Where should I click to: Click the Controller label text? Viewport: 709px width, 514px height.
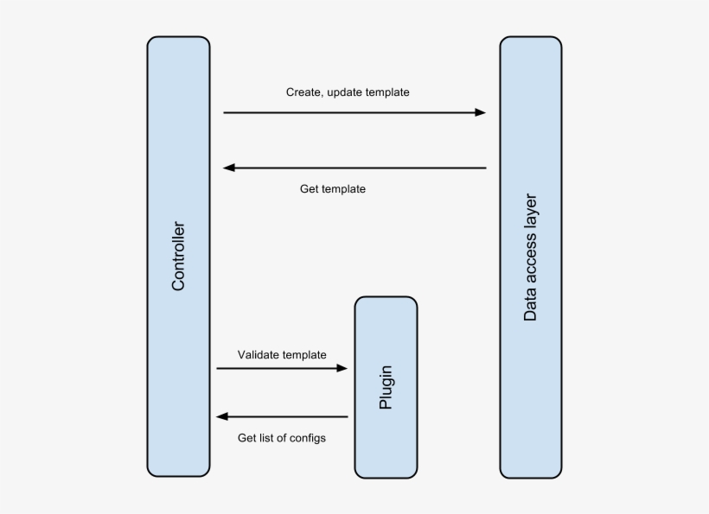click(x=178, y=257)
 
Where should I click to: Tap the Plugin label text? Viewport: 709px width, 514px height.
click(x=386, y=388)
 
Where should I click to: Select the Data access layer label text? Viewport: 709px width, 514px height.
click(x=531, y=257)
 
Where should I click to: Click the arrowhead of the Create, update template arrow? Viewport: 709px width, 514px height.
click(x=480, y=112)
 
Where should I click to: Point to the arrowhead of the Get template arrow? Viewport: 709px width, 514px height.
click(x=229, y=168)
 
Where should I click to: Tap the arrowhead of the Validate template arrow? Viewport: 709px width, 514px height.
click(x=342, y=368)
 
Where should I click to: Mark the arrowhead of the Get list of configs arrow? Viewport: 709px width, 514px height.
click(x=222, y=417)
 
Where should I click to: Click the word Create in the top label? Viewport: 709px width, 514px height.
click(x=304, y=92)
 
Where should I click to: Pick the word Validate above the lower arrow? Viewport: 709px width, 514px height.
click(x=258, y=354)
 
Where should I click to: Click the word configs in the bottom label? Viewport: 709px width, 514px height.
click(x=308, y=438)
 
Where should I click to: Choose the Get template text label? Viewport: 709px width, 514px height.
click(x=333, y=189)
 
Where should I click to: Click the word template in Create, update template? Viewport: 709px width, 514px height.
click(x=387, y=92)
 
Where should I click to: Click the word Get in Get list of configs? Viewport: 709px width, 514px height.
click(x=247, y=438)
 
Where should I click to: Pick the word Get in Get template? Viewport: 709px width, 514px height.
click(x=310, y=189)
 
